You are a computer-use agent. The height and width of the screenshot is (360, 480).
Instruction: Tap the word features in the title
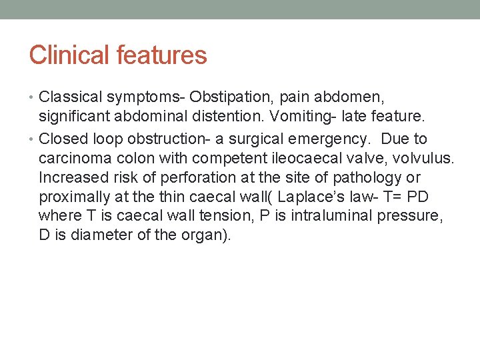[162, 55]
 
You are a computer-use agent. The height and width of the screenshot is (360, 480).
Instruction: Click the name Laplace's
[311, 197]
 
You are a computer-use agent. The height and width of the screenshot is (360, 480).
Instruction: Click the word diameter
[95, 235]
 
